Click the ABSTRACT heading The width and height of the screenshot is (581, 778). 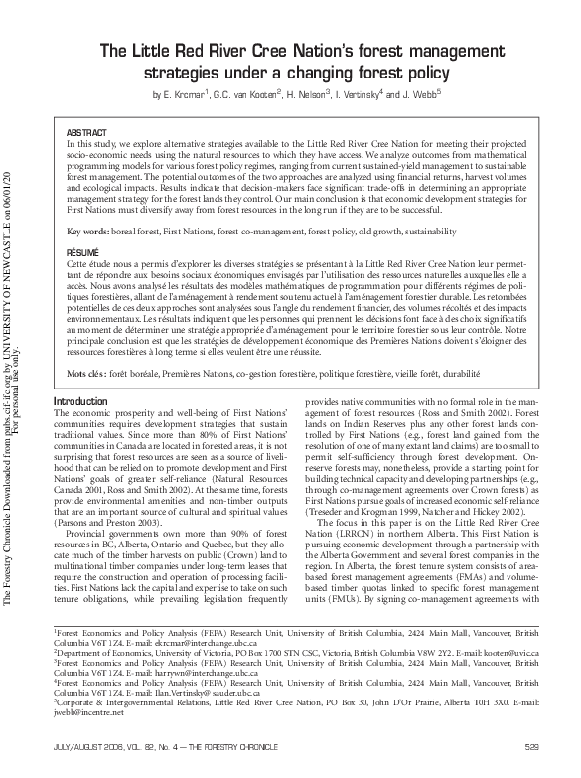click(x=85, y=132)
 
